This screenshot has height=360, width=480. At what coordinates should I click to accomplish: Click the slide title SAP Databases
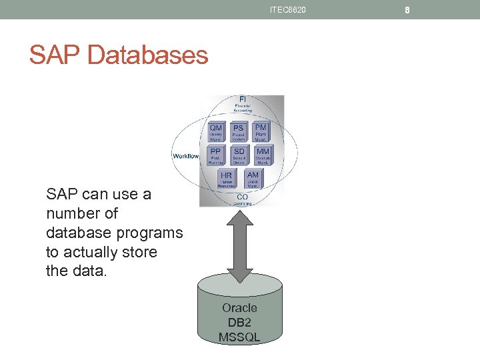click(119, 55)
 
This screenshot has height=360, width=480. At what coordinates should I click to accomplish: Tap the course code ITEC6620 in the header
click(288, 9)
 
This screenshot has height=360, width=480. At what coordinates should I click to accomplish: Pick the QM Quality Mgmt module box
click(216, 132)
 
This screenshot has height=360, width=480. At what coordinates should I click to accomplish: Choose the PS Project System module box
click(238, 132)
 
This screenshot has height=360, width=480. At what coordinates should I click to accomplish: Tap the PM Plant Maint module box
click(261, 131)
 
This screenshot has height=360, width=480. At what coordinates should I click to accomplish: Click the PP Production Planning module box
click(216, 155)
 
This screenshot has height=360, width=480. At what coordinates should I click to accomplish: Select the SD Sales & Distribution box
click(239, 155)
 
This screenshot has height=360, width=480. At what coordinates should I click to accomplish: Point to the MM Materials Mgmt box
click(262, 155)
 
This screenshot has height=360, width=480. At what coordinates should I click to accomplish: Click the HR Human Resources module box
click(227, 179)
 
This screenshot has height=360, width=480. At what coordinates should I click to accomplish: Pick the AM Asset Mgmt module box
click(253, 179)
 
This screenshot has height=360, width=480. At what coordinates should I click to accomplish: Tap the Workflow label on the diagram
click(185, 156)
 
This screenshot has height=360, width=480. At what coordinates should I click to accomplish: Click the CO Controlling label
click(242, 199)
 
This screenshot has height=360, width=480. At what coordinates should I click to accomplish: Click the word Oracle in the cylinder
click(239, 308)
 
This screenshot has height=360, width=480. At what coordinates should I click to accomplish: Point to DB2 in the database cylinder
click(239, 323)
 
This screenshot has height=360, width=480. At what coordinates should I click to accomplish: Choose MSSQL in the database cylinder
click(239, 337)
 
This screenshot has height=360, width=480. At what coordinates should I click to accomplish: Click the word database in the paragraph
click(79, 233)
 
